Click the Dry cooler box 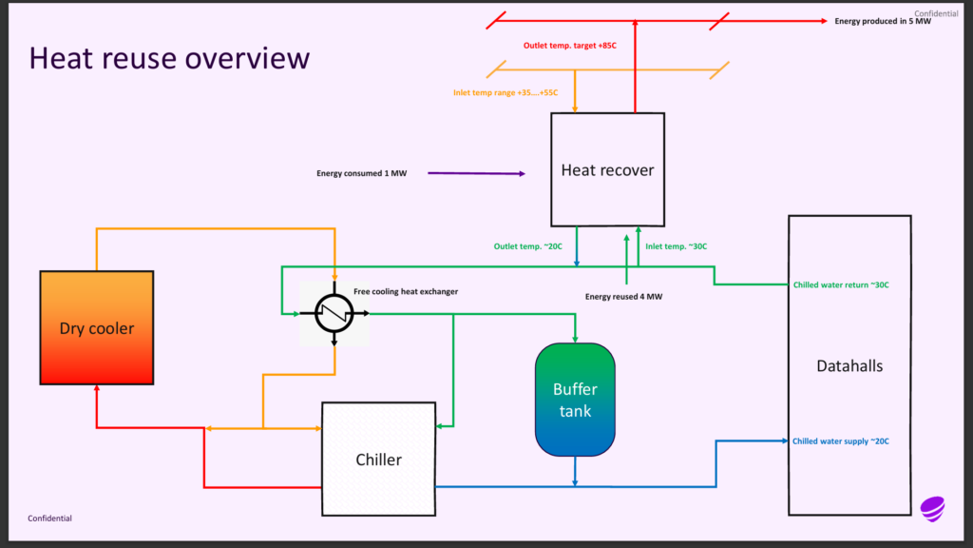tap(97, 328)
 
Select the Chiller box tap(378, 460)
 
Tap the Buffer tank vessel tap(575, 400)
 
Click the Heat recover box tap(607, 170)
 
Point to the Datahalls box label tap(849, 365)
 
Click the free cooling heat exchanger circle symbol tap(334, 313)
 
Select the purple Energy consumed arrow tap(476, 173)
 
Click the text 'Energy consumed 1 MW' tap(361, 173)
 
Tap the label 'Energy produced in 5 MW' tap(883, 21)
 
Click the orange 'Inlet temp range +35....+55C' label tap(505, 92)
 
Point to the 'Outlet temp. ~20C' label tap(528, 247)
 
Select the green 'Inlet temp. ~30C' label tap(677, 247)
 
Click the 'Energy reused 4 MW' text tap(623, 297)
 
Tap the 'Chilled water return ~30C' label tap(841, 284)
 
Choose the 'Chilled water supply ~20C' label tap(841, 440)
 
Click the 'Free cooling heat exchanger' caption tap(406, 291)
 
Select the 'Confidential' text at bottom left tap(49, 519)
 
